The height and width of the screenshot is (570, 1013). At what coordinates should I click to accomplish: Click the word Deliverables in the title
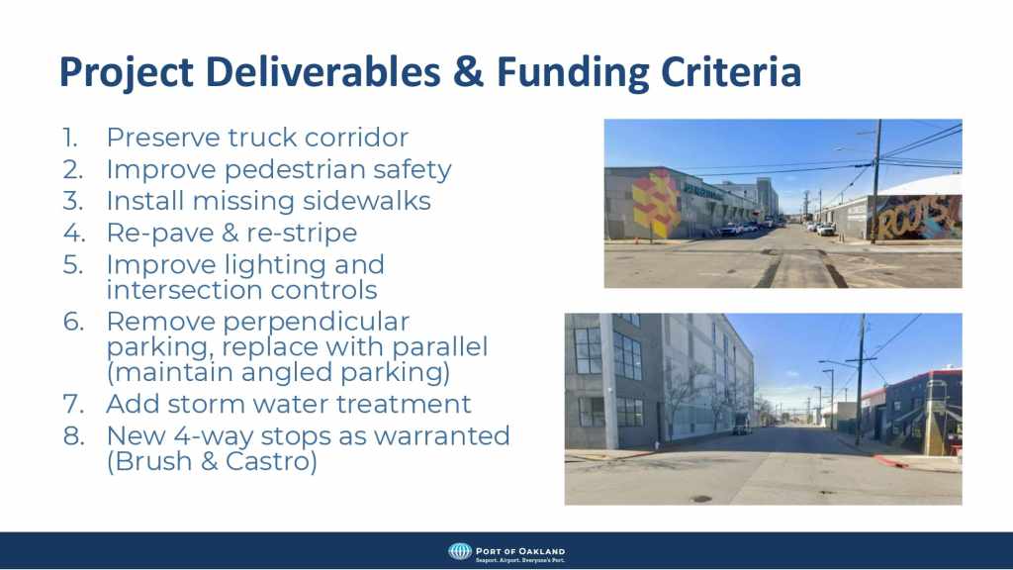coord(322,71)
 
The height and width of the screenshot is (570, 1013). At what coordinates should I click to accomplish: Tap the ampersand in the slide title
coord(468,71)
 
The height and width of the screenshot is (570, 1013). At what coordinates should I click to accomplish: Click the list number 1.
coord(70,138)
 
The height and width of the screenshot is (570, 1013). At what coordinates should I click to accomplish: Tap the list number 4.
coord(73,233)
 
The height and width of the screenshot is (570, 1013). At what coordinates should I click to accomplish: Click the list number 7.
coord(73,404)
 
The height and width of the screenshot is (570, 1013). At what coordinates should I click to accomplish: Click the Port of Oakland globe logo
coord(460,551)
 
